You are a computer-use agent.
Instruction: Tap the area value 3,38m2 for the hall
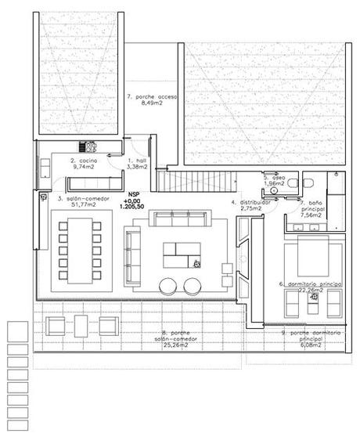pos(138,166)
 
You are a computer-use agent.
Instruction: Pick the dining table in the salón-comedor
pos(79,250)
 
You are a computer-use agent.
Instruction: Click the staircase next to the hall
pos(196,182)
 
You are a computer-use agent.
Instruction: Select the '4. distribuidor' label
pos(250,202)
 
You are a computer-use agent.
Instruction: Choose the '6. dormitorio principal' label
pos(311,283)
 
